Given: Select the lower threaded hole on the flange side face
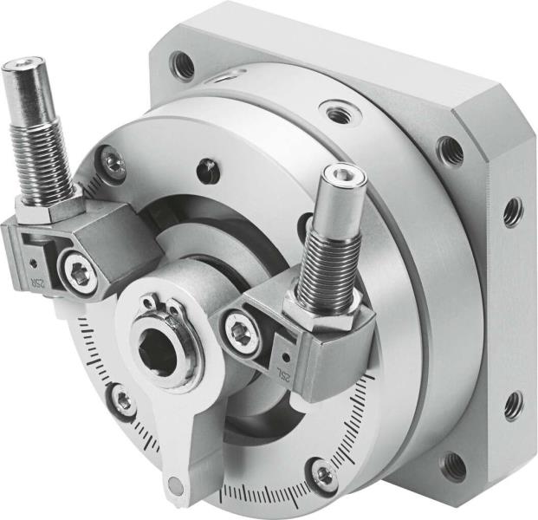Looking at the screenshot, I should [513, 404].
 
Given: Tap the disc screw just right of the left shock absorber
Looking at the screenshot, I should [111, 159].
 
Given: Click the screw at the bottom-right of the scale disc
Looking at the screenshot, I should [325, 474].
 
